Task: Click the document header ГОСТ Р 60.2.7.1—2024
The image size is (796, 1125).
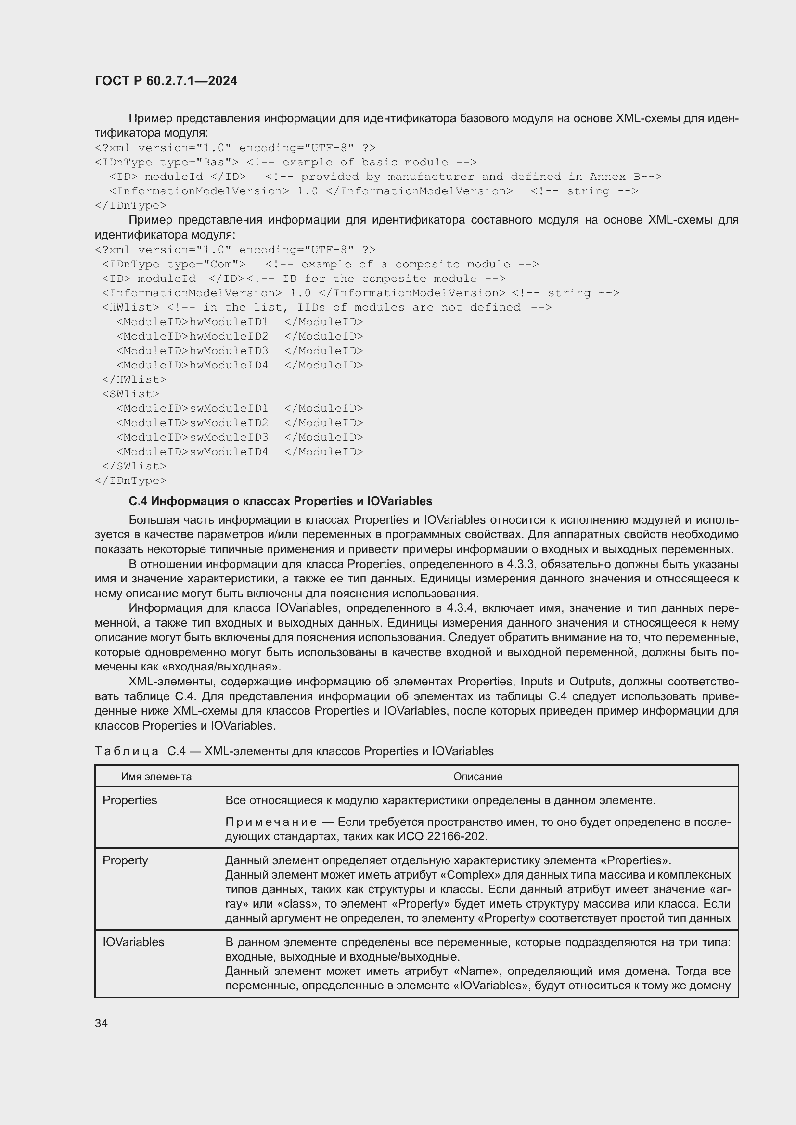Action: (166, 81)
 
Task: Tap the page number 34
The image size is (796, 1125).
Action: (101, 1023)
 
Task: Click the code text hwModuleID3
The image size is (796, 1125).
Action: (229, 351)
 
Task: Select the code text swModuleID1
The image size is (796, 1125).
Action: (229, 409)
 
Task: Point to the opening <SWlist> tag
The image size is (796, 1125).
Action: (130, 394)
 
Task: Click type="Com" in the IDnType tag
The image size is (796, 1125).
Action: (206, 264)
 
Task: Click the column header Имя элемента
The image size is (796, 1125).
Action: (156, 777)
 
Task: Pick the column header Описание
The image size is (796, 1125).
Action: (477, 777)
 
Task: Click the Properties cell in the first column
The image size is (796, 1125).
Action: (129, 800)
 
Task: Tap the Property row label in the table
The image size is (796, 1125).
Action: (125, 860)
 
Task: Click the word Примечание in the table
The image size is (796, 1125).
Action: (270, 822)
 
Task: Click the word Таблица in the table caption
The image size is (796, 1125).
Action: (127, 751)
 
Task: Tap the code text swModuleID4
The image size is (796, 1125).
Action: (229, 452)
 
